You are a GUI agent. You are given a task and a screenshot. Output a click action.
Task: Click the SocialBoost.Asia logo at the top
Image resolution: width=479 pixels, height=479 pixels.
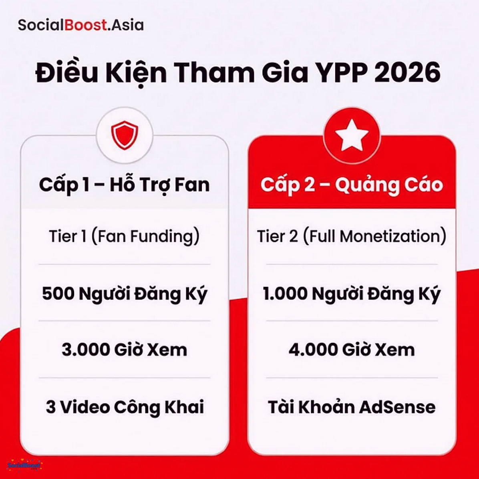point(81,25)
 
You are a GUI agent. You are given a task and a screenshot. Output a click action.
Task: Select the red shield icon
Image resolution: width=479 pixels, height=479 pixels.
point(125,135)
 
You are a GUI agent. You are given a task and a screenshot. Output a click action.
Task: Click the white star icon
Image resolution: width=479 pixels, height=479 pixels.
point(352,135)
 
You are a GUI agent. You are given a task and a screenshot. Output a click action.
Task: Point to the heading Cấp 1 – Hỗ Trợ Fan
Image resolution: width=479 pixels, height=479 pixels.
point(124,185)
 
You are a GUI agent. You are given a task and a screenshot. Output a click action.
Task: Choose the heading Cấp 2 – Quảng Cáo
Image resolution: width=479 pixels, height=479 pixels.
point(352,185)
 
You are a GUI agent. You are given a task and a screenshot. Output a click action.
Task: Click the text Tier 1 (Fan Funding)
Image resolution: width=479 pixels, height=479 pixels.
point(124,236)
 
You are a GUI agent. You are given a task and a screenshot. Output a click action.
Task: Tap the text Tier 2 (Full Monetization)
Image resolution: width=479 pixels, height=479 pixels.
point(352,236)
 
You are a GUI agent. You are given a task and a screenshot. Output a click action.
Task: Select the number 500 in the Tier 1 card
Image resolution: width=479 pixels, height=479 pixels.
point(58,294)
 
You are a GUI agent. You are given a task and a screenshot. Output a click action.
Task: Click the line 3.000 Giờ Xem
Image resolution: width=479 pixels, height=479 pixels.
point(124,350)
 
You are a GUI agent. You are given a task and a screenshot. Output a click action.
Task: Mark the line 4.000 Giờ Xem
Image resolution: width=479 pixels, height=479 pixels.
point(352,350)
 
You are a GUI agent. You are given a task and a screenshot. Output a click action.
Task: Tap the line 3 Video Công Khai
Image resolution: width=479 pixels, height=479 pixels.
point(125,407)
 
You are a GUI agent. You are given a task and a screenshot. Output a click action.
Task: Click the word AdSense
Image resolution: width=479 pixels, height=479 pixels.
point(397,407)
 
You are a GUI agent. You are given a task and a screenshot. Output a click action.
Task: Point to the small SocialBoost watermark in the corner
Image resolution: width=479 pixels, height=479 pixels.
point(24,466)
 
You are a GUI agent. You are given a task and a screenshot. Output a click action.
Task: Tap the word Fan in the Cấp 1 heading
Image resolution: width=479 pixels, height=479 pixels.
point(193,185)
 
